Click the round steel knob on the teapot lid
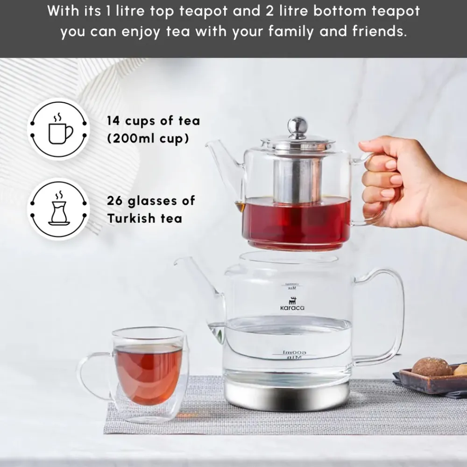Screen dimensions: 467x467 point(297,126)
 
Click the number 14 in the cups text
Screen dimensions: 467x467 point(113,121)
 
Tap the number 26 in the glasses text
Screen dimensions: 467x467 point(115,201)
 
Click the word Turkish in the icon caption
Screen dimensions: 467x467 point(132,219)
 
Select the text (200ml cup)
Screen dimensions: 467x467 point(148,139)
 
